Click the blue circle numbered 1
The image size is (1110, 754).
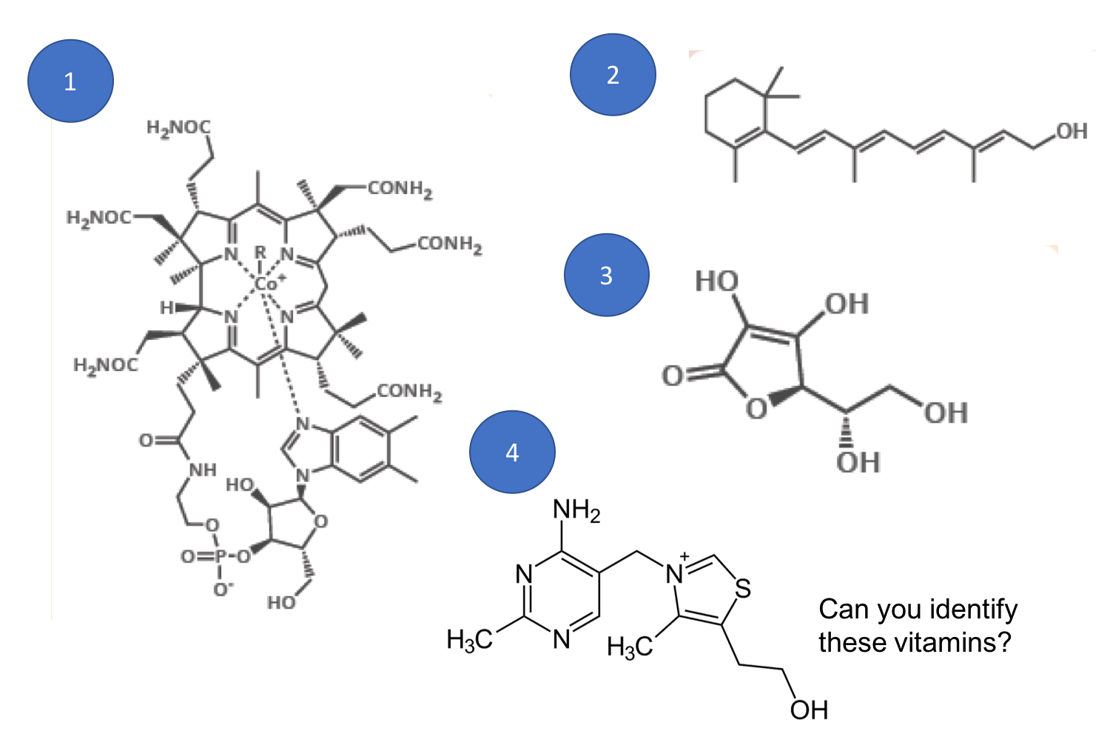tap(70, 81)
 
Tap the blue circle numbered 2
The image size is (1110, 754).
tap(613, 74)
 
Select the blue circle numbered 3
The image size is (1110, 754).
tap(606, 275)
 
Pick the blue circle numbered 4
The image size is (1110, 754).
tap(512, 452)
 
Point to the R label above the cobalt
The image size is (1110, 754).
tap(260, 253)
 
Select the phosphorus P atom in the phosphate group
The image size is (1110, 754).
tap(220, 556)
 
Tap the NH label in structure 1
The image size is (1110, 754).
tap(202, 470)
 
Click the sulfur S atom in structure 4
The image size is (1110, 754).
tap(743, 589)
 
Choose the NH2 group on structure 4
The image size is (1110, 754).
tap(576, 510)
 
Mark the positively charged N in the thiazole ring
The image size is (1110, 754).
tap(675, 574)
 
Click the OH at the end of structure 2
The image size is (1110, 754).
tap(1072, 131)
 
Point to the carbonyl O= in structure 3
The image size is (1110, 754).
tap(673, 376)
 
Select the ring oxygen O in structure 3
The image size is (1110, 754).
tap(756, 407)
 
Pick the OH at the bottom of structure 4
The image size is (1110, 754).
tap(809, 710)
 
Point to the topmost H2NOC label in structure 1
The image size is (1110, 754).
tap(178, 127)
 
